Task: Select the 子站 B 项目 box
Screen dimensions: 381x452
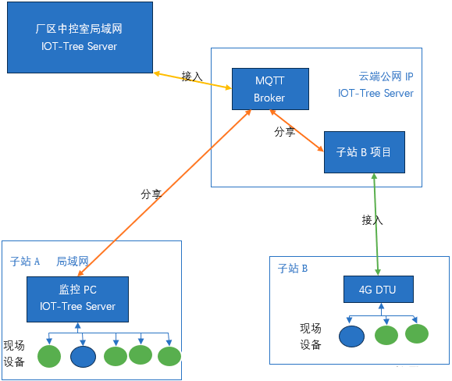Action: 364,152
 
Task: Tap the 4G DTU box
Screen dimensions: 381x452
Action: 378,290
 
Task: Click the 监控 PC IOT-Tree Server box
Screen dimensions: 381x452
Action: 77,297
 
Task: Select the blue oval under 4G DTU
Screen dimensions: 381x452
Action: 351,336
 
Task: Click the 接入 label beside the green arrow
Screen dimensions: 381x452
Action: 372,220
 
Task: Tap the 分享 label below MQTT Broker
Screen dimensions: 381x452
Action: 284,133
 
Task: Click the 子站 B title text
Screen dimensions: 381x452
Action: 293,269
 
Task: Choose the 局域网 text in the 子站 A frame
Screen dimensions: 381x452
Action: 72,262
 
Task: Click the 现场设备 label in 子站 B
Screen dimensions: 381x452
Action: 311,336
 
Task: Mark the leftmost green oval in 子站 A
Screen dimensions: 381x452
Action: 48,357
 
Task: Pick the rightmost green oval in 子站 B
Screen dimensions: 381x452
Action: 417,333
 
